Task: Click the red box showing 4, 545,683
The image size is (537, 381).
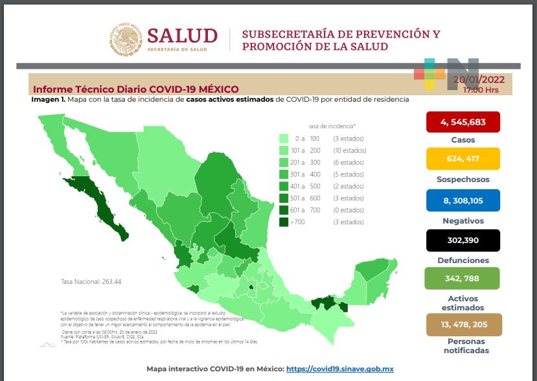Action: pos(463,122)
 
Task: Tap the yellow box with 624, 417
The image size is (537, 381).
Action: pos(463,159)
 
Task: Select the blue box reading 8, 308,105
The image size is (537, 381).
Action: pos(463,200)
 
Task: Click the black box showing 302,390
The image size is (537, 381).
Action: pos(463,240)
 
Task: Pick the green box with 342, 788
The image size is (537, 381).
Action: pos(463,279)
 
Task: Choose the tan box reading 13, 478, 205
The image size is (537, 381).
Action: pos(463,324)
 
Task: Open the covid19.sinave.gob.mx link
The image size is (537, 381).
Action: pos(340,369)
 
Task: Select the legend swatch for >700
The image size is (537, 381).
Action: pos(284,222)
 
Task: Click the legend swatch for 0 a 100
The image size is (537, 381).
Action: pos(284,139)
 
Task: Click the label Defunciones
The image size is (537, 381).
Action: pos(463,260)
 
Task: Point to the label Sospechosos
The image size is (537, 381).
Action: pos(463,179)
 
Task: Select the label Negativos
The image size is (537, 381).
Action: pos(463,220)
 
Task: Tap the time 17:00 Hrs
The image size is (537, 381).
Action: pos(481,90)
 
